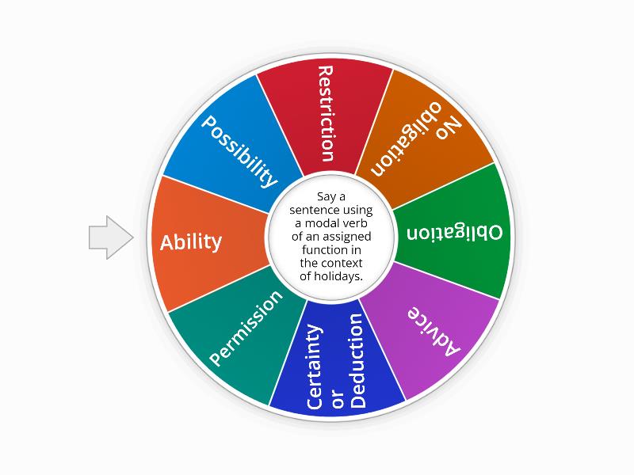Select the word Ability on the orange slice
(191, 242)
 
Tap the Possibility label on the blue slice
(239, 152)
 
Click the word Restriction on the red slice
(326, 114)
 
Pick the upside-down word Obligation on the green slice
(454, 233)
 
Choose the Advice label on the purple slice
(433, 332)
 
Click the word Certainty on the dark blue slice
(315, 367)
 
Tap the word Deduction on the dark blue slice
(358, 361)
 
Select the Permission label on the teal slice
(246, 328)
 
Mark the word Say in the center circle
(326, 197)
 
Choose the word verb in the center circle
(356, 223)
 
